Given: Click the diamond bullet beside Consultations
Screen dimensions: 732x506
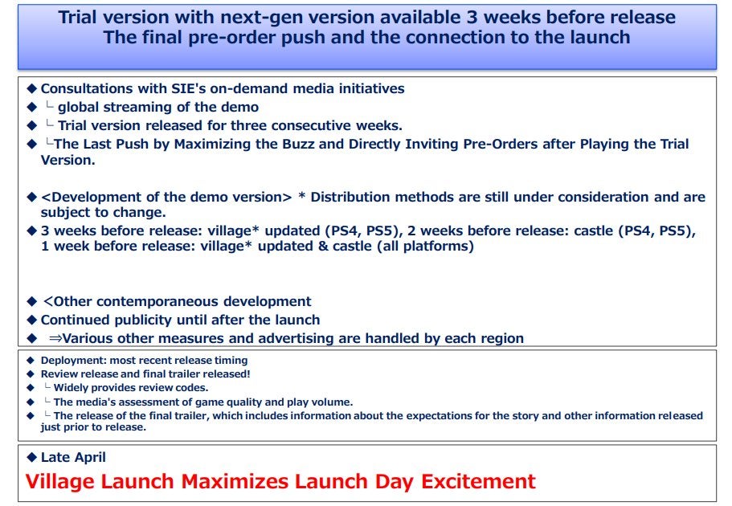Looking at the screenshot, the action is pos(32,88).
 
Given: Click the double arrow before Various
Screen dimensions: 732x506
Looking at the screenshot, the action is pos(55,338).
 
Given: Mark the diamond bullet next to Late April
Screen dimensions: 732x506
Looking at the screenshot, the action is pos(32,457).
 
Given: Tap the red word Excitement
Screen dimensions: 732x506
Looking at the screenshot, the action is pos(479,481).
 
